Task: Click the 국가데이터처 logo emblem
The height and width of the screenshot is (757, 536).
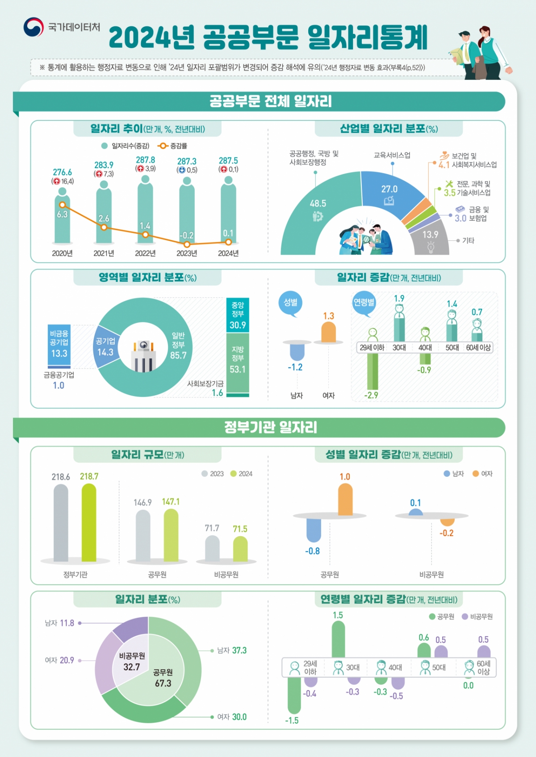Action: click(x=33, y=27)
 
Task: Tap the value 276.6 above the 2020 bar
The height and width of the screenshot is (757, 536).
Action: click(x=62, y=172)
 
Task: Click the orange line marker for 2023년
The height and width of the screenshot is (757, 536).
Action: click(x=187, y=244)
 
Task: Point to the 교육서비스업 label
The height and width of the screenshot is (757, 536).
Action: click(x=392, y=155)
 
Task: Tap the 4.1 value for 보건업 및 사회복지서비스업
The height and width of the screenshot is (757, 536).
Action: click(x=444, y=165)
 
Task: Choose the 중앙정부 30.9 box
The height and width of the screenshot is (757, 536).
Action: click(x=238, y=315)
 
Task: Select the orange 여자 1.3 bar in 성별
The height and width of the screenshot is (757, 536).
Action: click(x=328, y=332)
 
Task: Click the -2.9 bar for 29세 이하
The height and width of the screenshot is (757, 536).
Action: click(x=372, y=371)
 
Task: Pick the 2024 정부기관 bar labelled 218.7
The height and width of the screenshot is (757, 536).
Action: click(x=89, y=522)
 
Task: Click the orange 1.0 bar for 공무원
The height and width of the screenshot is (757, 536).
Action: click(x=345, y=500)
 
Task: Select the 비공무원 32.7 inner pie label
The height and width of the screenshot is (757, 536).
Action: click(x=132, y=662)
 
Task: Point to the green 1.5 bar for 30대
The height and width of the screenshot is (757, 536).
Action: click(x=338, y=639)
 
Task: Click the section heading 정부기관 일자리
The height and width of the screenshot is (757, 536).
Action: click(x=270, y=427)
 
